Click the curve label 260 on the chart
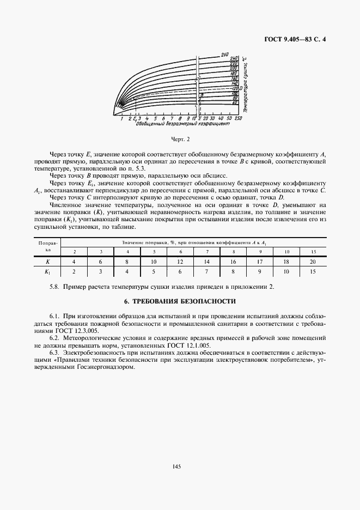tap(224, 54)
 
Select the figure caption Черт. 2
tap(180, 139)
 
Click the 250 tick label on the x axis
tap(239, 118)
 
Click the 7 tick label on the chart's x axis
tap(172, 118)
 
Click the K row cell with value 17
tap(260, 262)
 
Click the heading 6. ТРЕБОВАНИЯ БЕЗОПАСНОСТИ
tap(180, 301)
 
